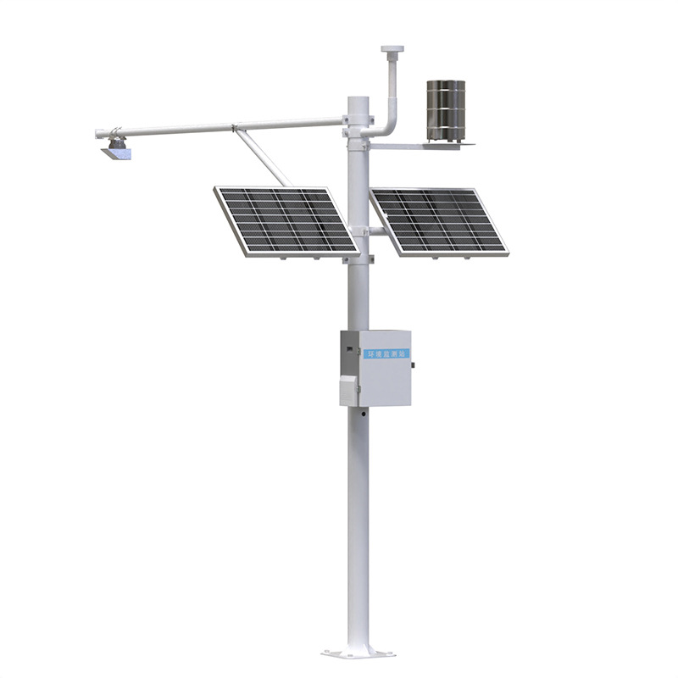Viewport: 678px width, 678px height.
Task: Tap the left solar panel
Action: click(x=286, y=220)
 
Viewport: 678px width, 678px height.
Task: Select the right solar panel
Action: click(x=437, y=220)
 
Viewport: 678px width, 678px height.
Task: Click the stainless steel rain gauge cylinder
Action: click(x=446, y=108)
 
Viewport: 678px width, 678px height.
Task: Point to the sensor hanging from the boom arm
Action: click(x=117, y=150)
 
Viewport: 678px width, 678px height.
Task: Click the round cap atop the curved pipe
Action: click(x=392, y=50)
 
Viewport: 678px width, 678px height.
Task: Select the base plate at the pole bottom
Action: click(x=358, y=653)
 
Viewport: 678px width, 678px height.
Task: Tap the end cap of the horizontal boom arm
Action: click(x=99, y=133)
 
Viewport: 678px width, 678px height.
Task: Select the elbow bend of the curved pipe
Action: click(x=387, y=125)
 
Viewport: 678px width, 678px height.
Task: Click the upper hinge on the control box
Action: click(x=345, y=346)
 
